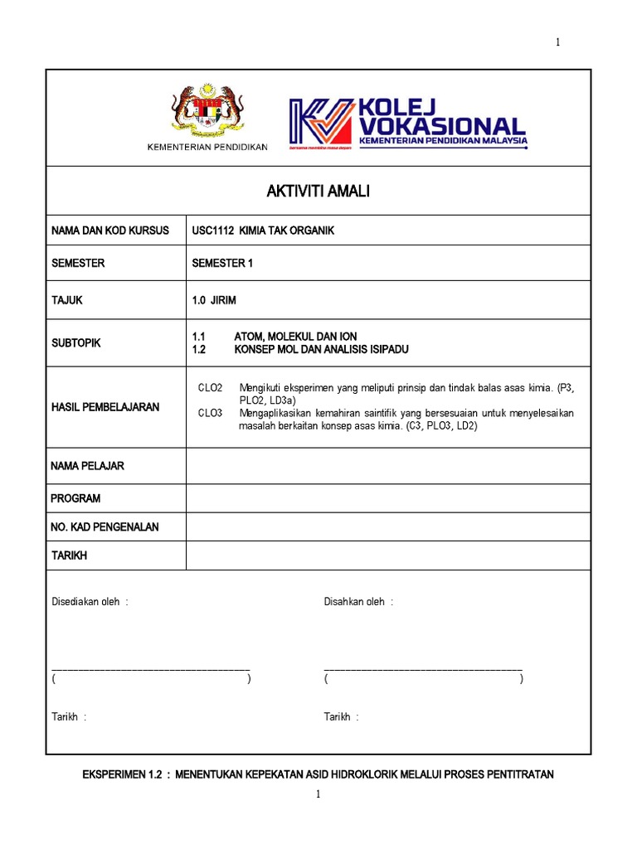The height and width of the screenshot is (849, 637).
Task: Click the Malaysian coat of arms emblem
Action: [x=207, y=111]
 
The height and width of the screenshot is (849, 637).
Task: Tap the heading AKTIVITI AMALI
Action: [x=318, y=192]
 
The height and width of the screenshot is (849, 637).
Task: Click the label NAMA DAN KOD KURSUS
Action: [x=109, y=230]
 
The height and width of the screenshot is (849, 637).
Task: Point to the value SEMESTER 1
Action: [x=221, y=263]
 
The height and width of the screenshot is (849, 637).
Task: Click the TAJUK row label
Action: [x=67, y=300]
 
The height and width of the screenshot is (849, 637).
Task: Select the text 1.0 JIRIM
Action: [x=214, y=300]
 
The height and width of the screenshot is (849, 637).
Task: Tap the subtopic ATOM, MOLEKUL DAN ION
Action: [x=294, y=337]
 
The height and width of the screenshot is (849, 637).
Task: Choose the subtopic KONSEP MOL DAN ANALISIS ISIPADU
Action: [x=321, y=350]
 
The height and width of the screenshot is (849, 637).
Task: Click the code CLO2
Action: [x=210, y=387]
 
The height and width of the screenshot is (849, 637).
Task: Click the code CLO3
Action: [x=210, y=413]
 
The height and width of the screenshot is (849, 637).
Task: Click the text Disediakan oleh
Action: [x=90, y=602]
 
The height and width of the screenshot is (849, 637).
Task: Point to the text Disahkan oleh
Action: [x=357, y=602]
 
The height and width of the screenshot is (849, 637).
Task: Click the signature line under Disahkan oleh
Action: [x=423, y=668]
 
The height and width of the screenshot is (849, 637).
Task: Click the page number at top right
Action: [x=557, y=43]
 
